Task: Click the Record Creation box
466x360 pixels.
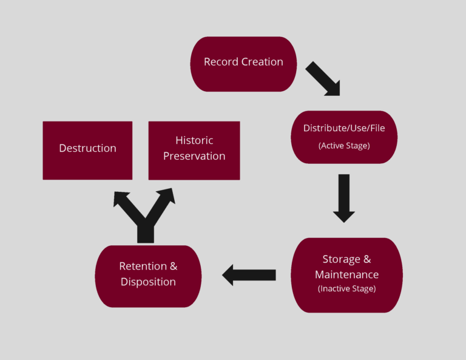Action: pyautogui.click(x=243, y=64)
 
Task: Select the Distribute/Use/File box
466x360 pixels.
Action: pyautogui.click(x=343, y=137)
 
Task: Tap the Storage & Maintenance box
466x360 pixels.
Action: pyautogui.click(x=346, y=275)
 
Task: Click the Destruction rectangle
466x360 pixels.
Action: pyautogui.click(x=87, y=150)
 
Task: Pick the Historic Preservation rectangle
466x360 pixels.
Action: pyautogui.click(x=194, y=150)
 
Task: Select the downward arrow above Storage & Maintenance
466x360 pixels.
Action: pyautogui.click(x=343, y=198)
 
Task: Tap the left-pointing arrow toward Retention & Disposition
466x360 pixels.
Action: pyautogui.click(x=249, y=275)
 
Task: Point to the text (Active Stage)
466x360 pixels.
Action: pyautogui.click(x=343, y=146)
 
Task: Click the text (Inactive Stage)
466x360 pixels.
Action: pyautogui.click(x=346, y=289)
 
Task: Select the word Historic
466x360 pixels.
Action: pyautogui.click(x=194, y=140)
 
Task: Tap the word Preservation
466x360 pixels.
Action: pyautogui.click(x=194, y=156)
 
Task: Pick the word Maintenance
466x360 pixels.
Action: pyautogui.click(x=346, y=274)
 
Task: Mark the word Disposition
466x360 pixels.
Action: pyautogui.click(x=148, y=282)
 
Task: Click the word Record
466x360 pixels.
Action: pyautogui.click(x=219, y=62)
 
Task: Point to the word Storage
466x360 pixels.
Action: pyautogui.click(x=341, y=260)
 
